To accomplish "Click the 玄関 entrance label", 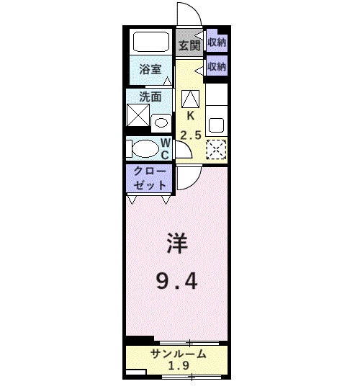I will pos(189,45).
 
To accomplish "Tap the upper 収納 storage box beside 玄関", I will pos(217,42).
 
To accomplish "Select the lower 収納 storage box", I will pos(217,66).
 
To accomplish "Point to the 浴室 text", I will pos(150,71).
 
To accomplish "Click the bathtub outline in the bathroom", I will pos(150,42).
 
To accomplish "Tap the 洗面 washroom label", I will pos(150,97).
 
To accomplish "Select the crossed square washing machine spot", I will pos(138,116).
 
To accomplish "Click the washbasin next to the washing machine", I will pos(160,120).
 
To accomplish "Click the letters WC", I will pos(165,149).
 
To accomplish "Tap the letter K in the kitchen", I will pos(190,116).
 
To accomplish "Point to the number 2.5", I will pos(190,135).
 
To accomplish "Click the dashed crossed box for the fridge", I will pos(216,149).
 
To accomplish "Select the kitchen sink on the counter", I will pos(216,124).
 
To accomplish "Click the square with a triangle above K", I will pos(190,98).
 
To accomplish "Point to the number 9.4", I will pos(178,280).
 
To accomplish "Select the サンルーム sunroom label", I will pos(179,354).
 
